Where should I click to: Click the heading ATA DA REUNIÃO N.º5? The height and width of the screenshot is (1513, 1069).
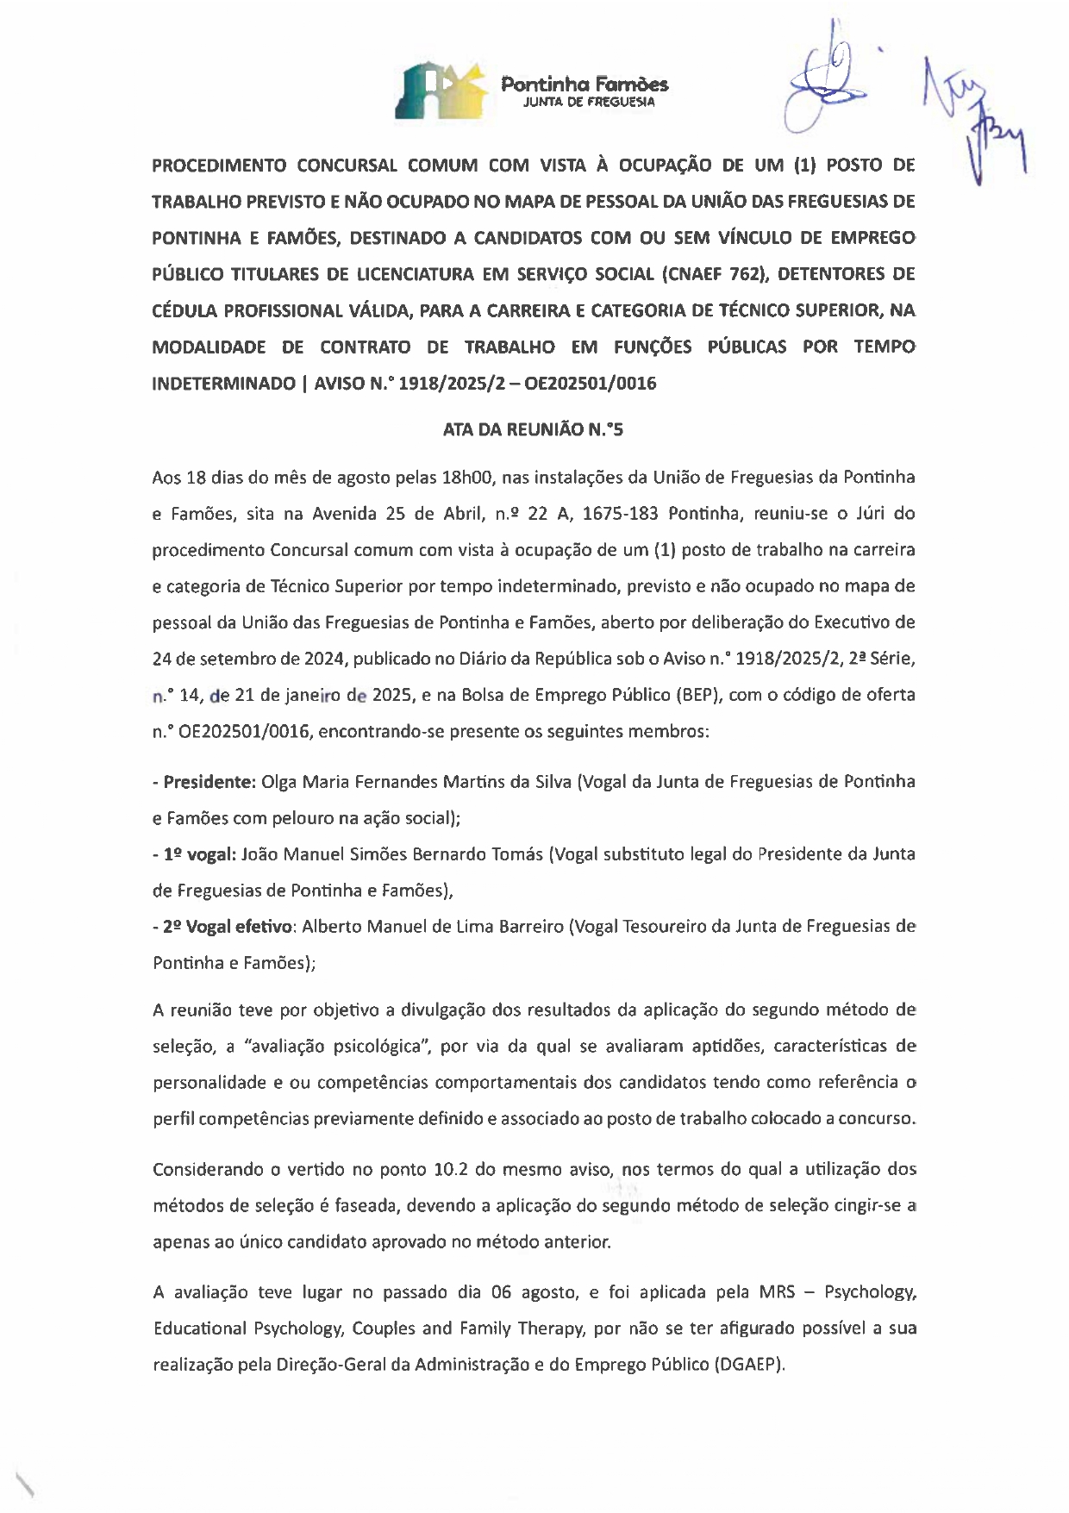coord(533,429)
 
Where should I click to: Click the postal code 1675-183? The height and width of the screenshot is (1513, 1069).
coord(620,514)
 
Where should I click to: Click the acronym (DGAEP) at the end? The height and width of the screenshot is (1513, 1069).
coord(750,1365)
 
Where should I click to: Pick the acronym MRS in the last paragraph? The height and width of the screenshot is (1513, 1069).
coord(777,1292)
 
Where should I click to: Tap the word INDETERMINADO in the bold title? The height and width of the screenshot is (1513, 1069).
coord(223,384)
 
